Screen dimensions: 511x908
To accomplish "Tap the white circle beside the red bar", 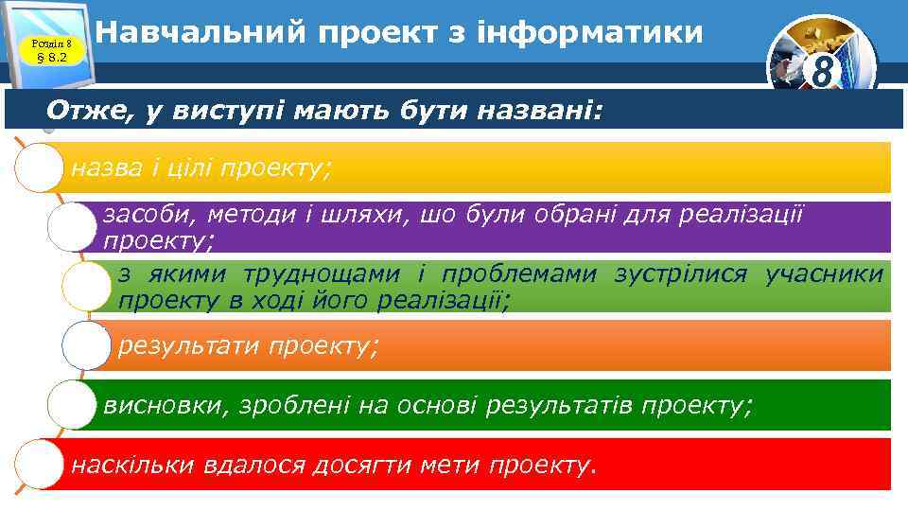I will coord(42,464).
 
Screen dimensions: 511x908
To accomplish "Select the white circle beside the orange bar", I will coord(87,345).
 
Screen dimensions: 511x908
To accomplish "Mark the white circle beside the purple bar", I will coord(74,227).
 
